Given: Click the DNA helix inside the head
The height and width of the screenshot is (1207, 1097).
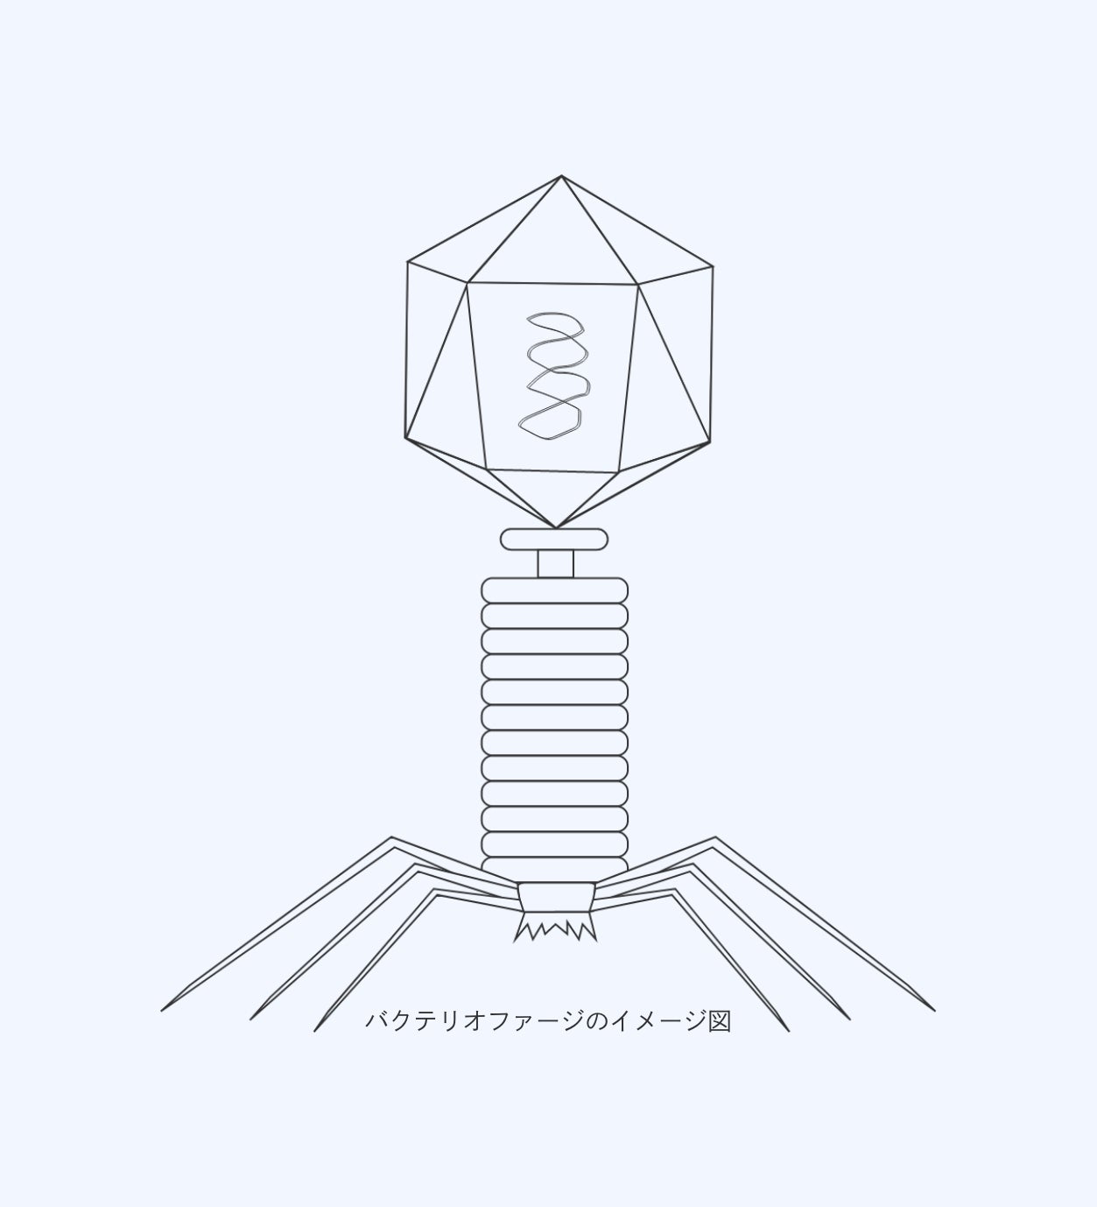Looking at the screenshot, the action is tap(553, 377).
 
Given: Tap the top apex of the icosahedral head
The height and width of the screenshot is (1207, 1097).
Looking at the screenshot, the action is tap(561, 176).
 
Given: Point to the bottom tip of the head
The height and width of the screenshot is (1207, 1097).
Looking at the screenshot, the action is tap(556, 527).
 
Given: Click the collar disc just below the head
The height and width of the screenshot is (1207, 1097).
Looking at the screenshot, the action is tap(554, 539).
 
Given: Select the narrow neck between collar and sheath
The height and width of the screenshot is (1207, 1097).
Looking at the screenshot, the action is tap(556, 564).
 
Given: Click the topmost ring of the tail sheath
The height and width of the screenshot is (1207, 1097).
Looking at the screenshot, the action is tap(554, 590).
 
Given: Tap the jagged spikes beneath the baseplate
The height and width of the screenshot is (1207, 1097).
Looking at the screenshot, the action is tap(555, 926).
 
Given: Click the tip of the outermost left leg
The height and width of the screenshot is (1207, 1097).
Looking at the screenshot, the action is tap(161, 1011).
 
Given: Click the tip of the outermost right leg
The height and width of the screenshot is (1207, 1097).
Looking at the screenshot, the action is tap(935, 1011).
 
